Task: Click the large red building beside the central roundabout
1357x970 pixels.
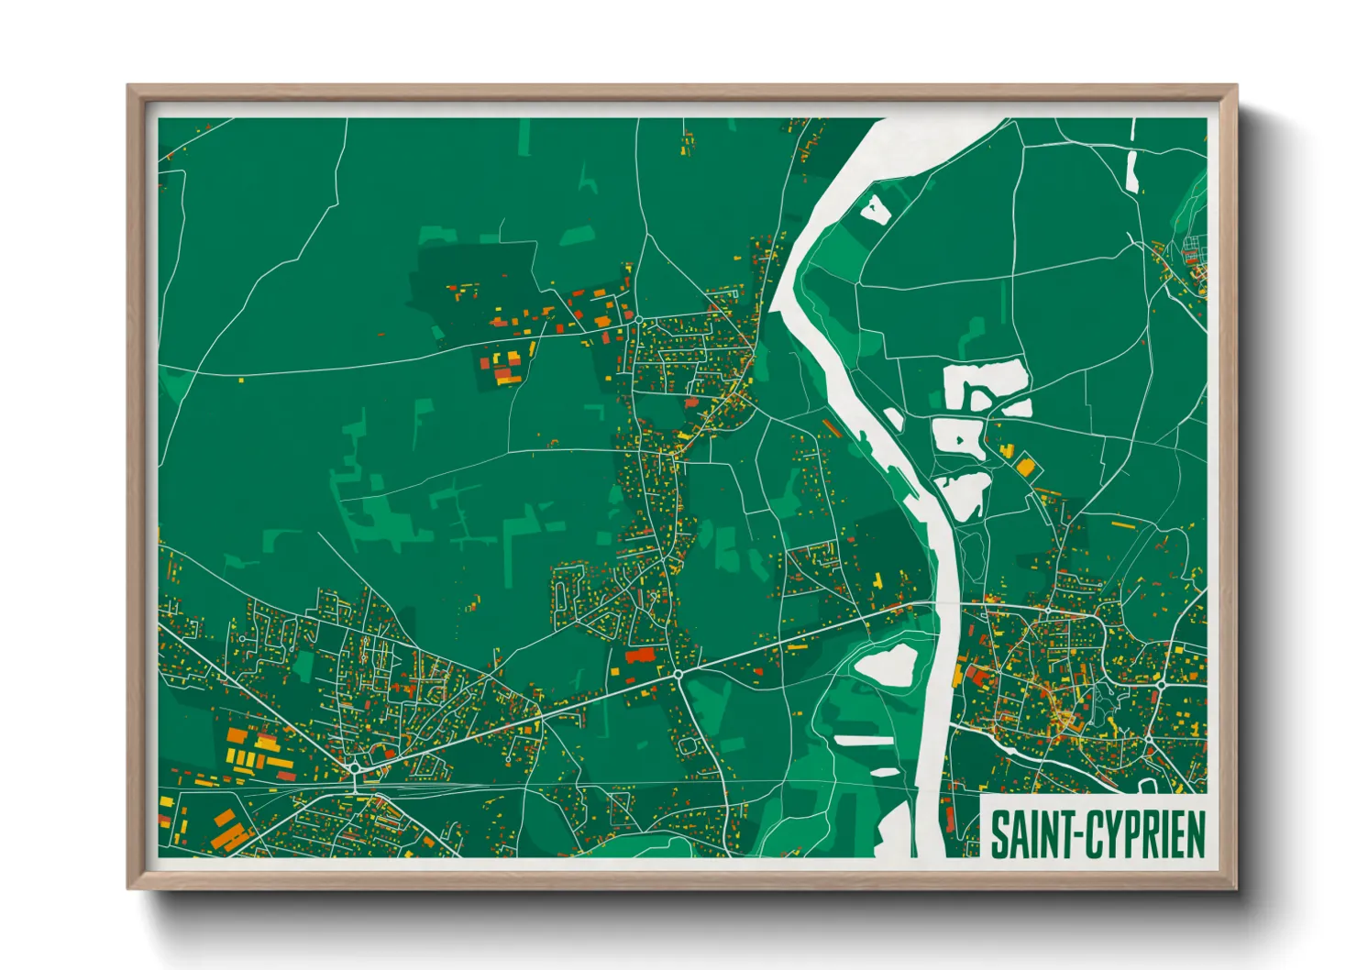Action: [x=640, y=655]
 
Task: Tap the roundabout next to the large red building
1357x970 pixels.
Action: [x=678, y=674]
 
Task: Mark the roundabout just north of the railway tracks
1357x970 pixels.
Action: [x=353, y=766]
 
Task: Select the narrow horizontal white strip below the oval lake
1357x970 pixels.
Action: [x=863, y=739]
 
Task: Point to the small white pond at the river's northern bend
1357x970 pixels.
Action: [x=874, y=209]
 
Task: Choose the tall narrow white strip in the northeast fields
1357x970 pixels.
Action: [x=1131, y=171]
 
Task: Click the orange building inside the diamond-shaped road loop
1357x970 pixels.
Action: [x=1024, y=467]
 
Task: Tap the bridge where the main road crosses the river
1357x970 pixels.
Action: [x=944, y=606]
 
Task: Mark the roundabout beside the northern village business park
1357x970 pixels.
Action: [x=638, y=321]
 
